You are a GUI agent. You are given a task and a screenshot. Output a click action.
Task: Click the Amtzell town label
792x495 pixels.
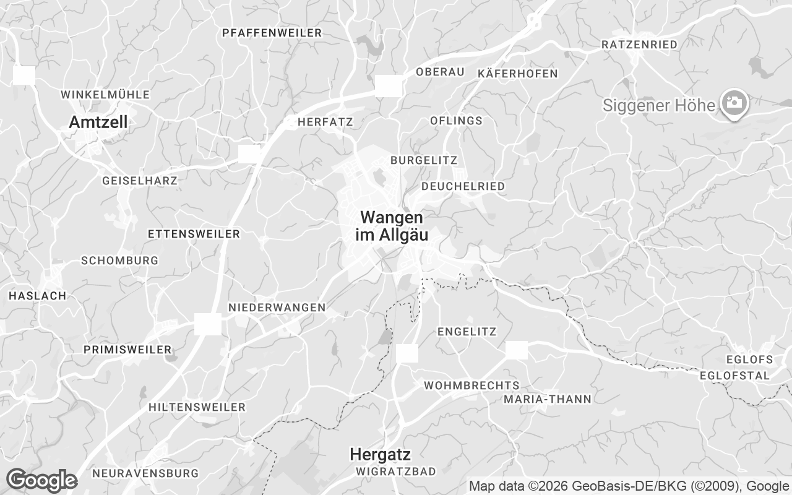point(98,123)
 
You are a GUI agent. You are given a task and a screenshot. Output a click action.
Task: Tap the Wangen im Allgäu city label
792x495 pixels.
point(392,226)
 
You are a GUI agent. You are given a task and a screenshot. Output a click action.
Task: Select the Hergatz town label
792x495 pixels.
point(380,454)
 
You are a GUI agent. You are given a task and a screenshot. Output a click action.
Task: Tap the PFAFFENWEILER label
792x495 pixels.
point(272,33)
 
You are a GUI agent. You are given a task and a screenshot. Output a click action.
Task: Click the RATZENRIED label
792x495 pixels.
point(639,45)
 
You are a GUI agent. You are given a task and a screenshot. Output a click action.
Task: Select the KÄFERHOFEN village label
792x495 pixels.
point(518,74)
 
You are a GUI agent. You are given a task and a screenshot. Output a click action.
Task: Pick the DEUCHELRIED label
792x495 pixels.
point(463,186)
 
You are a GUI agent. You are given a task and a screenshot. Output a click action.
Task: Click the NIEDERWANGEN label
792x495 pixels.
point(277,308)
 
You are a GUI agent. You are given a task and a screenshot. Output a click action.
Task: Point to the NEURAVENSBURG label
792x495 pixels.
point(145,473)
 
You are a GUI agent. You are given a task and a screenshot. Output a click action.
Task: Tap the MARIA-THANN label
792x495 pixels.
point(548,399)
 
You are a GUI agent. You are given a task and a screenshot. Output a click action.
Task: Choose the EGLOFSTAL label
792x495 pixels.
point(735,376)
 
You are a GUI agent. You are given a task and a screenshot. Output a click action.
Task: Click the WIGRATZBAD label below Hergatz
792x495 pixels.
point(396,471)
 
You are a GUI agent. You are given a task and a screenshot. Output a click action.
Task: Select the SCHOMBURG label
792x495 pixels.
point(119,260)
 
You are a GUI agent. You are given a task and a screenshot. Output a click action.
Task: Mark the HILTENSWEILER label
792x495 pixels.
point(197,407)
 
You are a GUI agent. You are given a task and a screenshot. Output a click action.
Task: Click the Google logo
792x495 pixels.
point(41,480)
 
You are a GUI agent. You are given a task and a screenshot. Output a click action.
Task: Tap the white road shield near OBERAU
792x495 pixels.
point(389,86)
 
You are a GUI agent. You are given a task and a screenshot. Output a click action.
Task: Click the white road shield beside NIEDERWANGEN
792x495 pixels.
point(208,324)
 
